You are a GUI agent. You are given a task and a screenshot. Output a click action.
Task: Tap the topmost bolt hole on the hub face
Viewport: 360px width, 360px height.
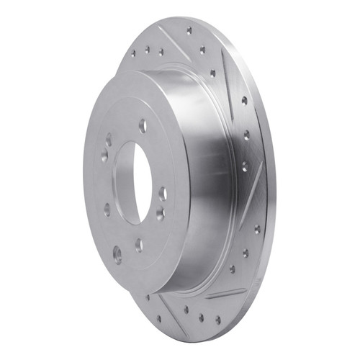tap(143, 126)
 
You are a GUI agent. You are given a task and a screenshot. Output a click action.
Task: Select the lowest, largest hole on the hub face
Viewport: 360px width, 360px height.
tap(117, 253)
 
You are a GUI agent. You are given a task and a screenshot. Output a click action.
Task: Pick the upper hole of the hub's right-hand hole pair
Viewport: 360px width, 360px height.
tap(163, 193)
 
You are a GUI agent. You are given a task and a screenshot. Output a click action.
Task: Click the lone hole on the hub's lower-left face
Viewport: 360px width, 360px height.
tap(107, 210)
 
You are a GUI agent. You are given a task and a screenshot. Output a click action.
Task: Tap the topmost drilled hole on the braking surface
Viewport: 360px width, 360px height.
tap(189, 31)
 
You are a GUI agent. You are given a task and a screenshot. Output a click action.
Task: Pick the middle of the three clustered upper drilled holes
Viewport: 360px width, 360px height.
tap(147, 50)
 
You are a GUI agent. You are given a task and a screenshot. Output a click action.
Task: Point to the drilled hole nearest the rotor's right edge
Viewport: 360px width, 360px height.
tap(257, 229)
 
